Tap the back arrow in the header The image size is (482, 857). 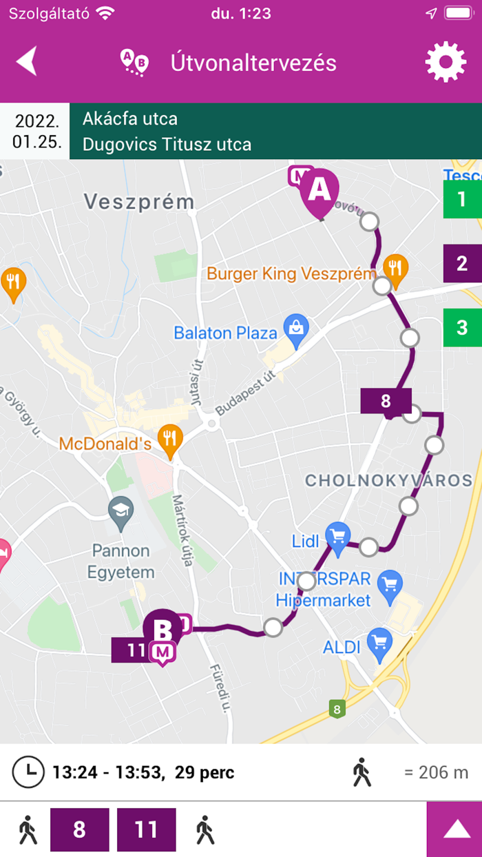[x=27, y=62]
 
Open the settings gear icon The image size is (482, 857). [x=446, y=63]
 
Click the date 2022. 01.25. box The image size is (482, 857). [x=36, y=132]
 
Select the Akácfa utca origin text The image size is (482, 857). [x=130, y=118]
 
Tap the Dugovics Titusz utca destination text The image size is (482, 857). [x=167, y=145]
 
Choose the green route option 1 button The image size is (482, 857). [x=462, y=200]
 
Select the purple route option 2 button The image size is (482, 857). [x=462, y=263]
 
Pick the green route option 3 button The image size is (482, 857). [x=462, y=327]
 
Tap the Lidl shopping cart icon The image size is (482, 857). [x=338, y=537]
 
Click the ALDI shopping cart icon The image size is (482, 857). [x=379, y=642]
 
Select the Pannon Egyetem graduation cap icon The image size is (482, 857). [x=121, y=511]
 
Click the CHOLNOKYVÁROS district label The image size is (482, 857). [x=388, y=480]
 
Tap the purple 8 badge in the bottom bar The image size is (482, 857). [x=79, y=830]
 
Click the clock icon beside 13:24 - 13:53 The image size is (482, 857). [x=27, y=772]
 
